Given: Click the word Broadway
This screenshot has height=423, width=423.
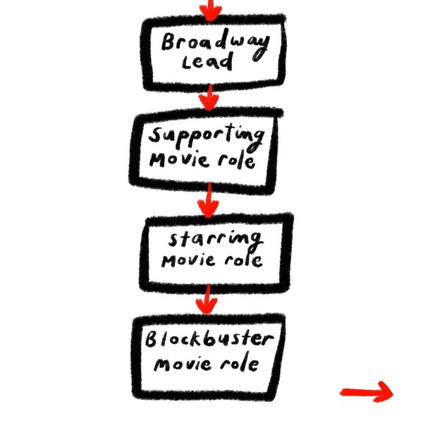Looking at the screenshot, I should pyautogui.click(x=214, y=42).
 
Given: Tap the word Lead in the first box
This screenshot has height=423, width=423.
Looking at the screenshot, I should pyautogui.click(x=207, y=63).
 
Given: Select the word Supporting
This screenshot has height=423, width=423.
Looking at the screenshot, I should pyautogui.click(x=208, y=136).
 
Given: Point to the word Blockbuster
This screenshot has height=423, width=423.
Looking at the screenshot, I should pyautogui.click(x=209, y=341).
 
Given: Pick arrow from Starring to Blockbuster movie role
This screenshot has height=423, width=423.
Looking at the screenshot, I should pyautogui.click(x=206, y=302).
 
